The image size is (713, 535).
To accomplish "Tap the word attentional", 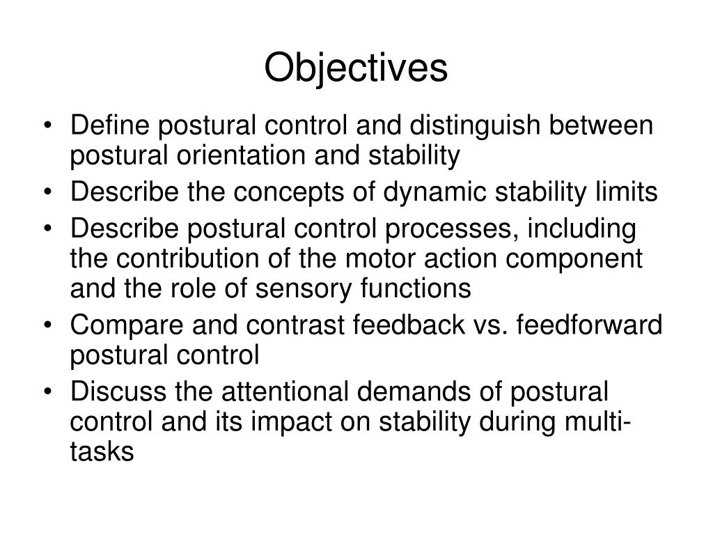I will point(279,391).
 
